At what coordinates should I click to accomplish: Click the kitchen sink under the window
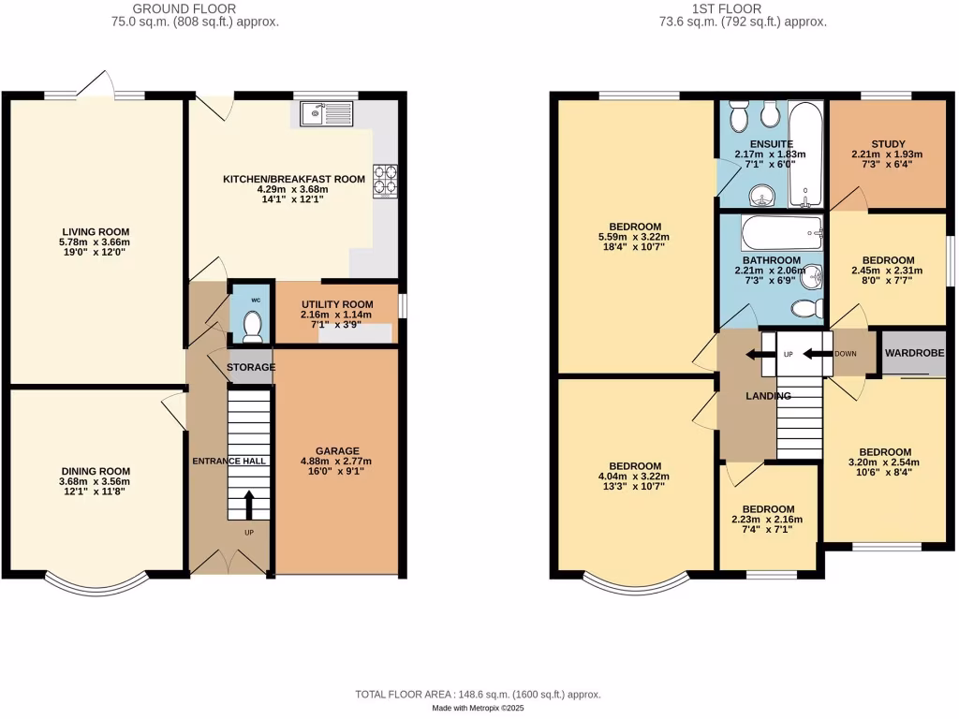coord(324,114)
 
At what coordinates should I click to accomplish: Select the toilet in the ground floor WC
coord(251,324)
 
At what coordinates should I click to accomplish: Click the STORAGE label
coord(251,367)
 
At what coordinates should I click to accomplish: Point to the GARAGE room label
coord(336,450)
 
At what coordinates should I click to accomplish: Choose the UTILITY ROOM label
coord(337,304)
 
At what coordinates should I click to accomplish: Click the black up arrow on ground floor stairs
coord(248,505)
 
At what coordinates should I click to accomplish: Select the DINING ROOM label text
coord(96,471)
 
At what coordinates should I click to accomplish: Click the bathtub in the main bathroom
coord(781,231)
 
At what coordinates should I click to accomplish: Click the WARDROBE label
coord(914,353)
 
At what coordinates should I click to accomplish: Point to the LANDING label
coord(768,396)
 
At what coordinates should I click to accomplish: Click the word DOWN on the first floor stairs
coord(845,354)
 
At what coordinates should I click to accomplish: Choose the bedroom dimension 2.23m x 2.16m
coord(768,520)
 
